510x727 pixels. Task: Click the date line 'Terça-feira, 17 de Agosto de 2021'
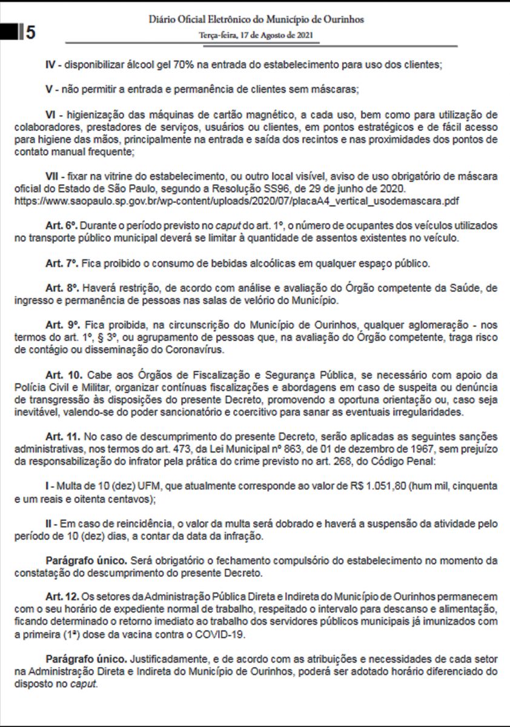coord(256,35)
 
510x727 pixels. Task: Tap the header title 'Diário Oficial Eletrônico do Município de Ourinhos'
coord(256,19)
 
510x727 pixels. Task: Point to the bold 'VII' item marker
coord(54,176)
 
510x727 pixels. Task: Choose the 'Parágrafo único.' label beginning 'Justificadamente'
coord(85,657)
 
